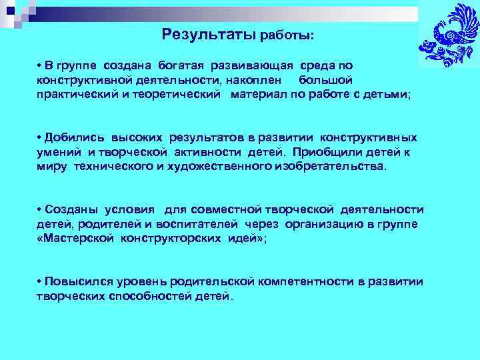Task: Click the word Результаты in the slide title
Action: click(x=208, y=33)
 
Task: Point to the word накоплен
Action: click(x=249, y=80)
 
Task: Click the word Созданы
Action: click(x=69, y=210)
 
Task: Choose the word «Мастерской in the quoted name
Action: click(x=75, y=239)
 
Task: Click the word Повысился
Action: click(x=77, y=282)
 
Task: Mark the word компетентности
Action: click(x=304, y=282)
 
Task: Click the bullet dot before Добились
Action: click(x=40, y=138)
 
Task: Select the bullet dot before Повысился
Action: click(x=40, y=282)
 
